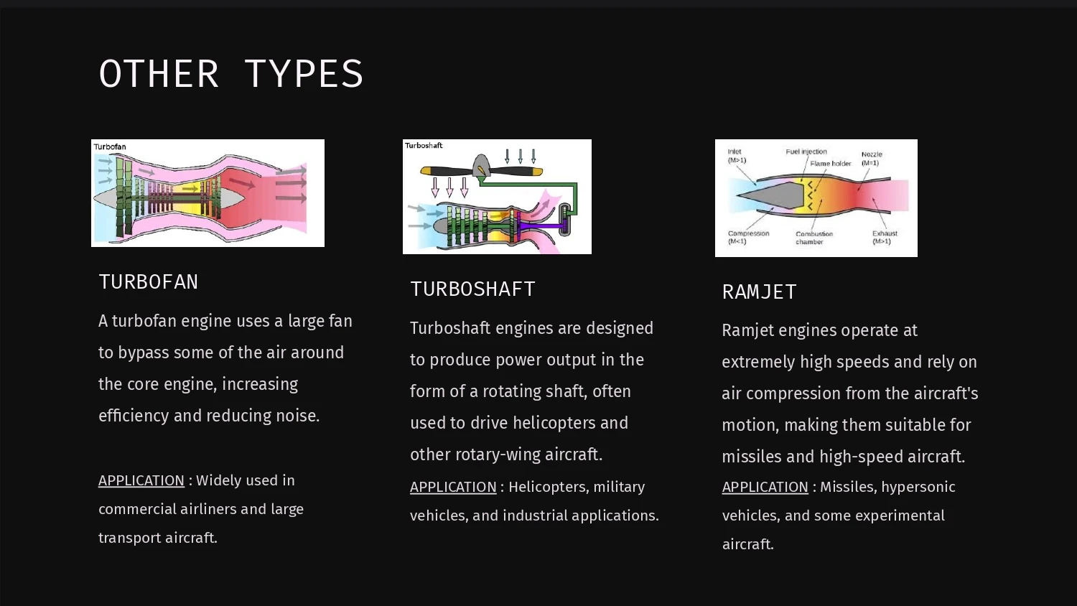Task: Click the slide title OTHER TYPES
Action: click(x=230, y=73)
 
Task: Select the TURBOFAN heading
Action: click(x=148, y=282)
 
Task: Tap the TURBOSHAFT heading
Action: click(x=472, y=289)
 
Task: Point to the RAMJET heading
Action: click(x=759, y=292)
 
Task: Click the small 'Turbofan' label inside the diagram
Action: click(x=110, y=146)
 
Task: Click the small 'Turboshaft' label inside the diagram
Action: click(x=424, y=145)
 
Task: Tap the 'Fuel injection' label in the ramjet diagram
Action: click(x=806, y=151)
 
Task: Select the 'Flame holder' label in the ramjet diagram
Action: click(x=830, y=164)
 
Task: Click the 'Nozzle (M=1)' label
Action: click(x=871, y=159)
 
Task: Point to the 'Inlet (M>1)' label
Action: click(x=737, y=156)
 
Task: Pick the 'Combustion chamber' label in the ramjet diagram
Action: click(x=814, y=238)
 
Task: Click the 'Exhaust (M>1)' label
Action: click(x=885, y=237)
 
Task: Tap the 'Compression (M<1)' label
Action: click(x=748, y=237)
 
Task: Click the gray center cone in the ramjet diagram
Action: click(x=774, y=195)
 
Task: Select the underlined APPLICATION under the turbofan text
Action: click(x=141, y=480)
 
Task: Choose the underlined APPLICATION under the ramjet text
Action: click(x=765, y=487)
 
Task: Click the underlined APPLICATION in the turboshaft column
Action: click(x=453, y=487)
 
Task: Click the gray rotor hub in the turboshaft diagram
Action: click(x=481, y=165)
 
